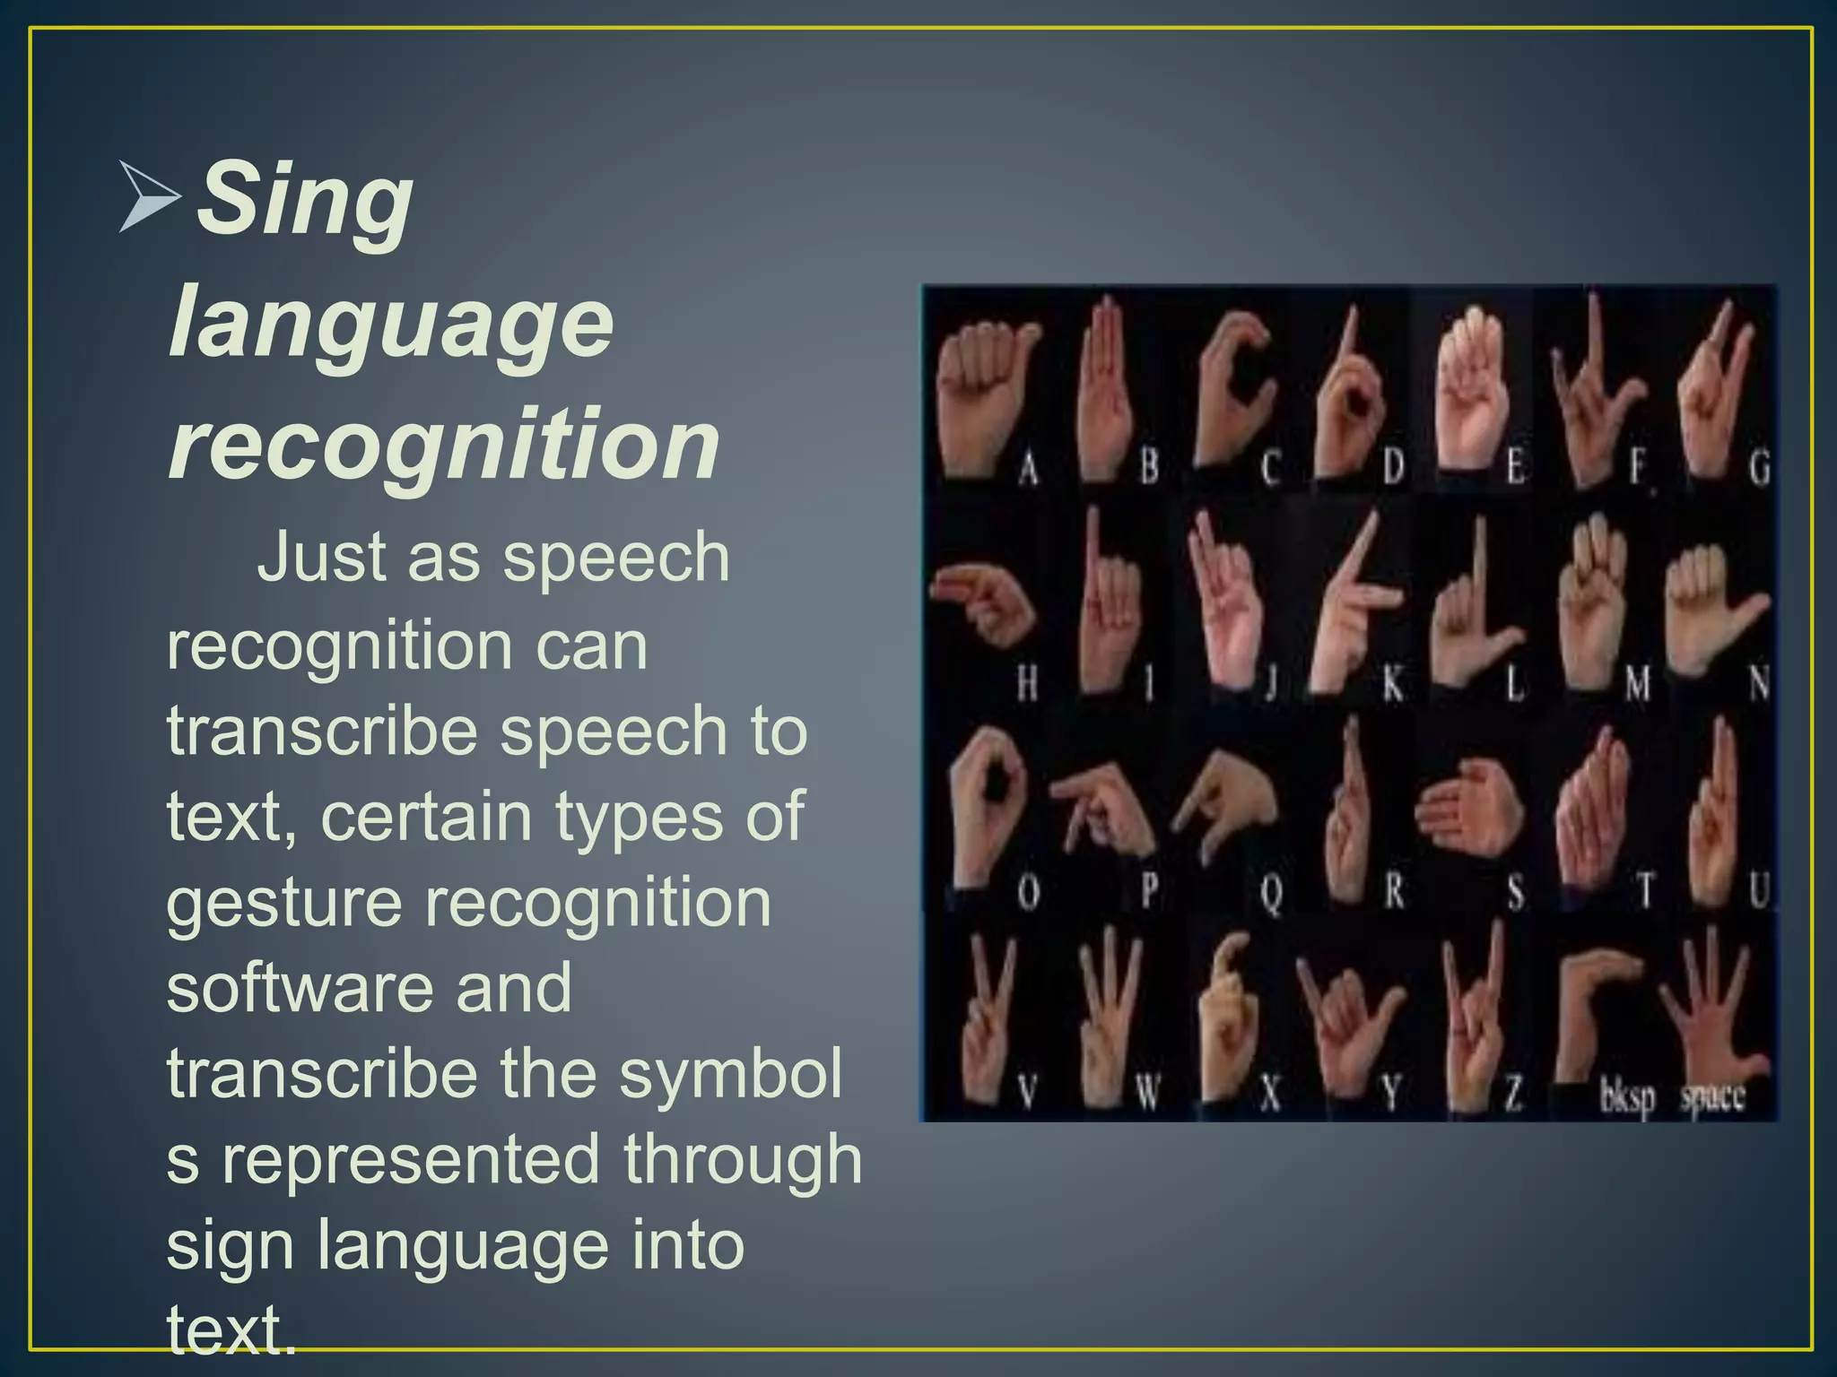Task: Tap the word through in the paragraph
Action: click(x=743, y=1159)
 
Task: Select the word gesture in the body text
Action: click(x=284, y=902)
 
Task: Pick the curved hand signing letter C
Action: click(x=1233, y=385)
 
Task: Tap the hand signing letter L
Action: click(x=1471, y=610)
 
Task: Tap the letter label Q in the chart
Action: click(x=1271, y=892)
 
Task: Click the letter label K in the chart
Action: click(x=1392, y=685)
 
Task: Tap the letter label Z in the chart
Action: click(x=1513, y=1093)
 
